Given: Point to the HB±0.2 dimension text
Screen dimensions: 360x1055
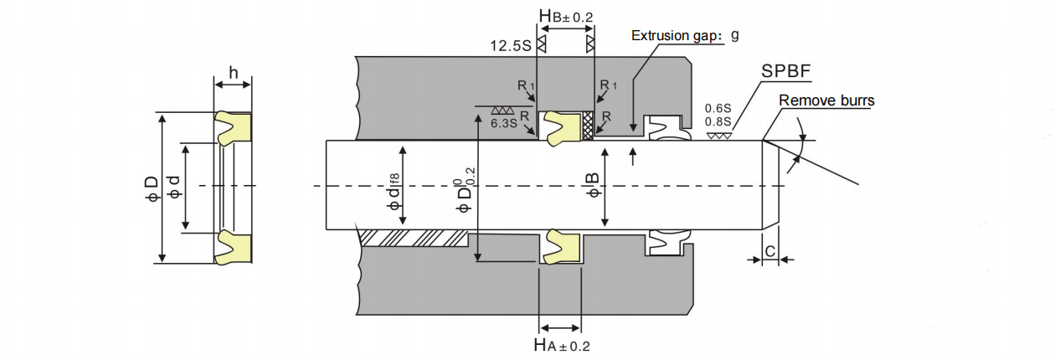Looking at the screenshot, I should (566, 16).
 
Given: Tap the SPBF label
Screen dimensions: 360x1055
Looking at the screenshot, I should (785, 71).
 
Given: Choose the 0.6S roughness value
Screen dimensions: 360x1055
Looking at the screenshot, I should (718, 108).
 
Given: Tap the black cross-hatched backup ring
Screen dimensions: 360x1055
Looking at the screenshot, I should (587, 126).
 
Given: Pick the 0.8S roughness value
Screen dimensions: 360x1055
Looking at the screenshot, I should (718, 121).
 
